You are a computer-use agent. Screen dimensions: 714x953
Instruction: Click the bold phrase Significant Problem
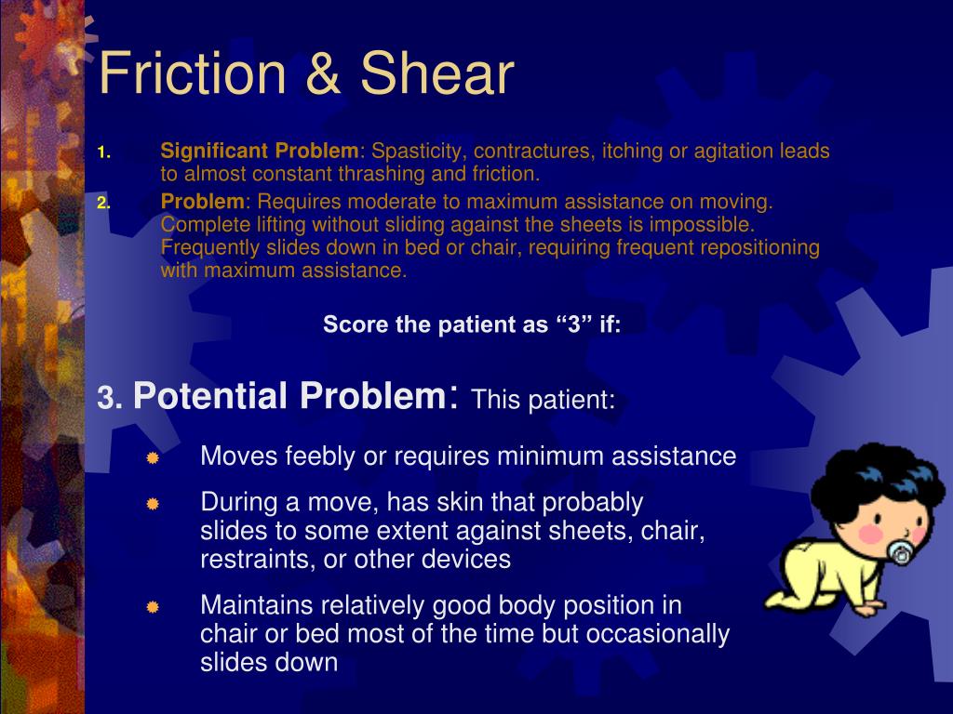pos(260,151)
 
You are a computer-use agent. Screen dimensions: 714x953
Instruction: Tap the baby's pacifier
pos(900,552)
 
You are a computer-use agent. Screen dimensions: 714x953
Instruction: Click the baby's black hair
pos(866,474)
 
